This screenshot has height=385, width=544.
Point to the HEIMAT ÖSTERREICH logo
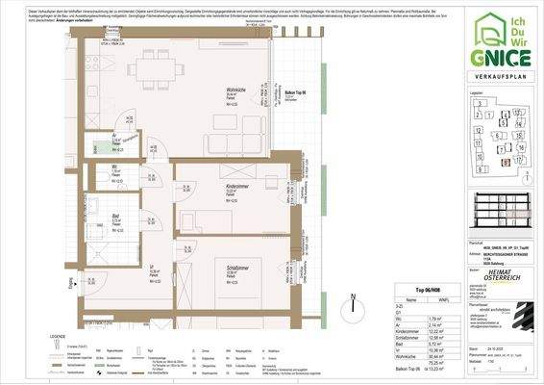coord(506,277)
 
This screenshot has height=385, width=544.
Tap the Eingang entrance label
coord(73,285)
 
